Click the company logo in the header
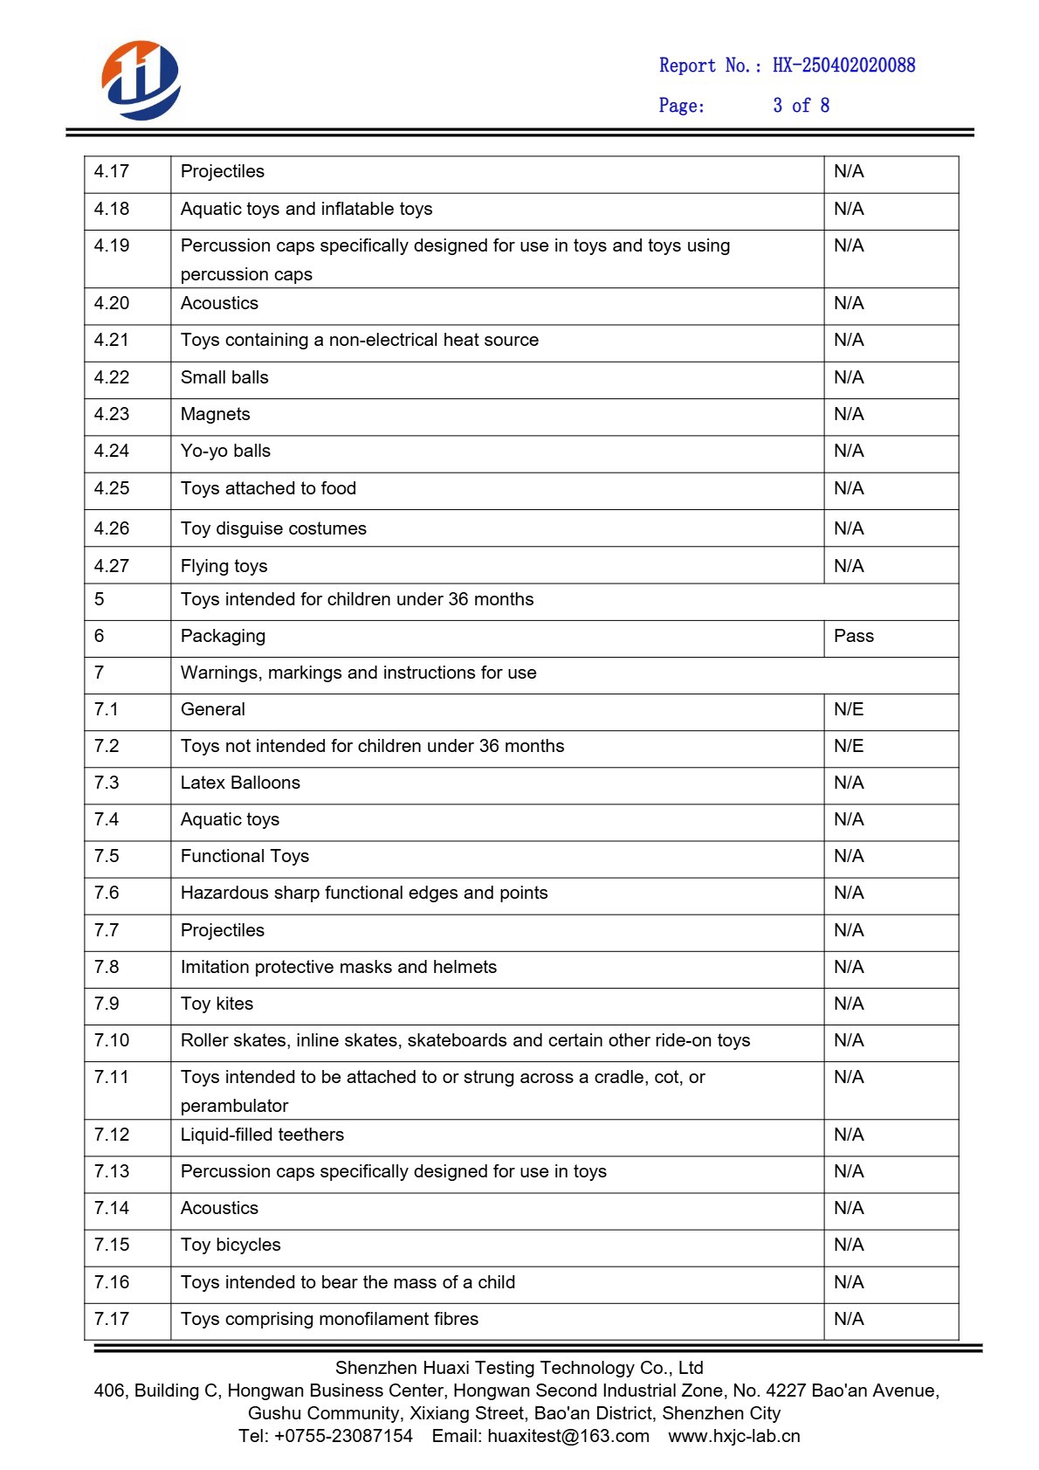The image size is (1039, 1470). pyautogui.click(x=141, y=80)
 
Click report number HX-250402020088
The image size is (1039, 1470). pyautogui.click(x=843, y=66)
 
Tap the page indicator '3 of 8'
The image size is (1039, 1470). pyautogui.click(x=801, y=106)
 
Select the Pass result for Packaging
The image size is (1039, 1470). pyautogui.click(x=853, y=637)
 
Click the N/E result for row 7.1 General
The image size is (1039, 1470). pyautogui.click(x=848, y=710)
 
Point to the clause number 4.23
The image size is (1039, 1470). pyautogui.click(x=112, y=415)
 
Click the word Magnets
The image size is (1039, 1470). pyautogui.click(x=215, y=415)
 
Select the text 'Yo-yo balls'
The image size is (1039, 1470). pyautogui.click(x=225, y=452)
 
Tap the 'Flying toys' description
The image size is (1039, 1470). pyautogui.click(x=224, y=567)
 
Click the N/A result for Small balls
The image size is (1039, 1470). pyautogui.click(x=848, y=378)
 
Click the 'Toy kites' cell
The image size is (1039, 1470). pyautogui.click(x=217, y=1004)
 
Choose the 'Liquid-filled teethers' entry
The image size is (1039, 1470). pyautogui.click(x=262, y=1135)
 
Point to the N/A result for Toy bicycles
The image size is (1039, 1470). pyautogui.click(x=848, y=1246)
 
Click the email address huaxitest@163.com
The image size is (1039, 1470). pyautogui.click(x=568, y=1437)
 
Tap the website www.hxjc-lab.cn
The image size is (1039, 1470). pyautogui.click(x=734, y=1437)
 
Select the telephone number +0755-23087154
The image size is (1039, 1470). pyautogui.click(x=343, y=1437)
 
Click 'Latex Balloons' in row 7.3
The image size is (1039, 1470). pyautogui.click(x=240, y=783)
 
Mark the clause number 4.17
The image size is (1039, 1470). pyautogui.click(x=112, y=172)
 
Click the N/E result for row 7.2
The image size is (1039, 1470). pyautogui.click(x=848, y=747)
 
